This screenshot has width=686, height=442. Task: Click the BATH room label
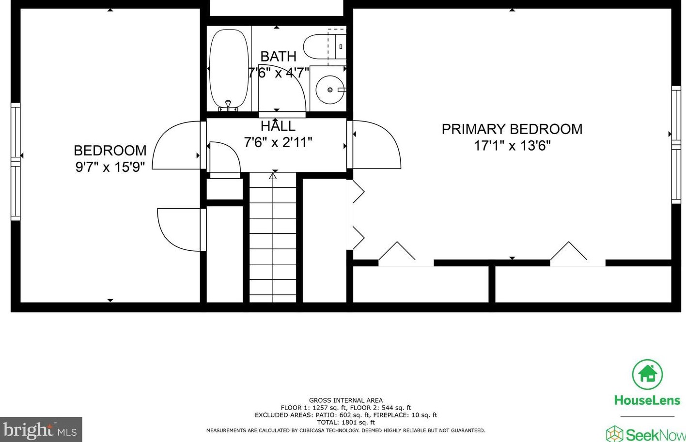click(278, 57)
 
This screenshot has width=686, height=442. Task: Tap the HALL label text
click(278, 126)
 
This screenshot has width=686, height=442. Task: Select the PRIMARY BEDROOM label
click(512, 129)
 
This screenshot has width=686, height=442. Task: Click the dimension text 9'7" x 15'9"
click(110, 167)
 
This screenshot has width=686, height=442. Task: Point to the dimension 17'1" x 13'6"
click(512, 146)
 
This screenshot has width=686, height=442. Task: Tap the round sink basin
click(330, 90)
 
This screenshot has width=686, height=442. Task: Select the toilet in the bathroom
click(325, 46)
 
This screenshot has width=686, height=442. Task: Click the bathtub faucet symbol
click(228, 106)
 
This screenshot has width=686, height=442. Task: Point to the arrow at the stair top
click(273, 176)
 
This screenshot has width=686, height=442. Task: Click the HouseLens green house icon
click(647, 374)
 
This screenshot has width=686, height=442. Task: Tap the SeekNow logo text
click(655, 435)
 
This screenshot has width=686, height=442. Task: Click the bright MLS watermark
click(41, 429)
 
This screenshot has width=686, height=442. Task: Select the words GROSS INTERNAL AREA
click(346, 400)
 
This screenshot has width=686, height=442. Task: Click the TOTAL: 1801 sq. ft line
click(346, 423)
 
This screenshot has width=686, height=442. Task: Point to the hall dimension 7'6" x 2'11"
click(278, 142)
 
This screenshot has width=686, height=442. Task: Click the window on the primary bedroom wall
click(676, 144)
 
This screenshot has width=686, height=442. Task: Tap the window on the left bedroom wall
click(16, 162)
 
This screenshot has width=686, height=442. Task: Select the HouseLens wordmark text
click(647, 400)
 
